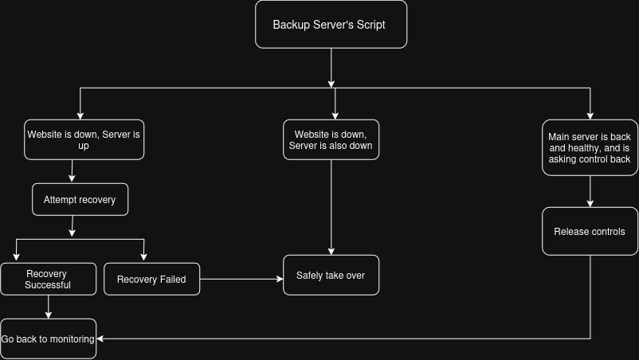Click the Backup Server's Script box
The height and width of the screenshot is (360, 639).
331,25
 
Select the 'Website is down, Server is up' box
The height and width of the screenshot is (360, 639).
84,139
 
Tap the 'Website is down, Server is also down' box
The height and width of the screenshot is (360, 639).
331,139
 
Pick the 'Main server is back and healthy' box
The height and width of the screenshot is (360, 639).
590,147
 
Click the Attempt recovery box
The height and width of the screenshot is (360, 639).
80,199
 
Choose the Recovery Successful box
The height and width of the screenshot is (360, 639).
48,279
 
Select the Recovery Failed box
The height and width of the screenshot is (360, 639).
151,279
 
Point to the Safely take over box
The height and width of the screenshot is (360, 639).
331,275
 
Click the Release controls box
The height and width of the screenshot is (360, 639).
590,231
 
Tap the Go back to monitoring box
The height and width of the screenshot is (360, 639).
48,338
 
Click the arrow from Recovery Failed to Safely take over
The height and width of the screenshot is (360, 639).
241,279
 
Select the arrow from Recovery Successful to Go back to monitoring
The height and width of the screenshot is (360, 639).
48,307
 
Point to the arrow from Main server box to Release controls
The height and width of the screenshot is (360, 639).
590,191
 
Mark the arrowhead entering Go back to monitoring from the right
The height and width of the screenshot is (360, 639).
100,338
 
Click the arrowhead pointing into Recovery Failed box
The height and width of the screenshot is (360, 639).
144,257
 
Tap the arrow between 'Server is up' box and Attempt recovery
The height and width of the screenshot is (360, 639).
73,171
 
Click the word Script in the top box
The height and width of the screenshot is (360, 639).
370,25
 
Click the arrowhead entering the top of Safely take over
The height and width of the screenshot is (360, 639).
331,251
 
